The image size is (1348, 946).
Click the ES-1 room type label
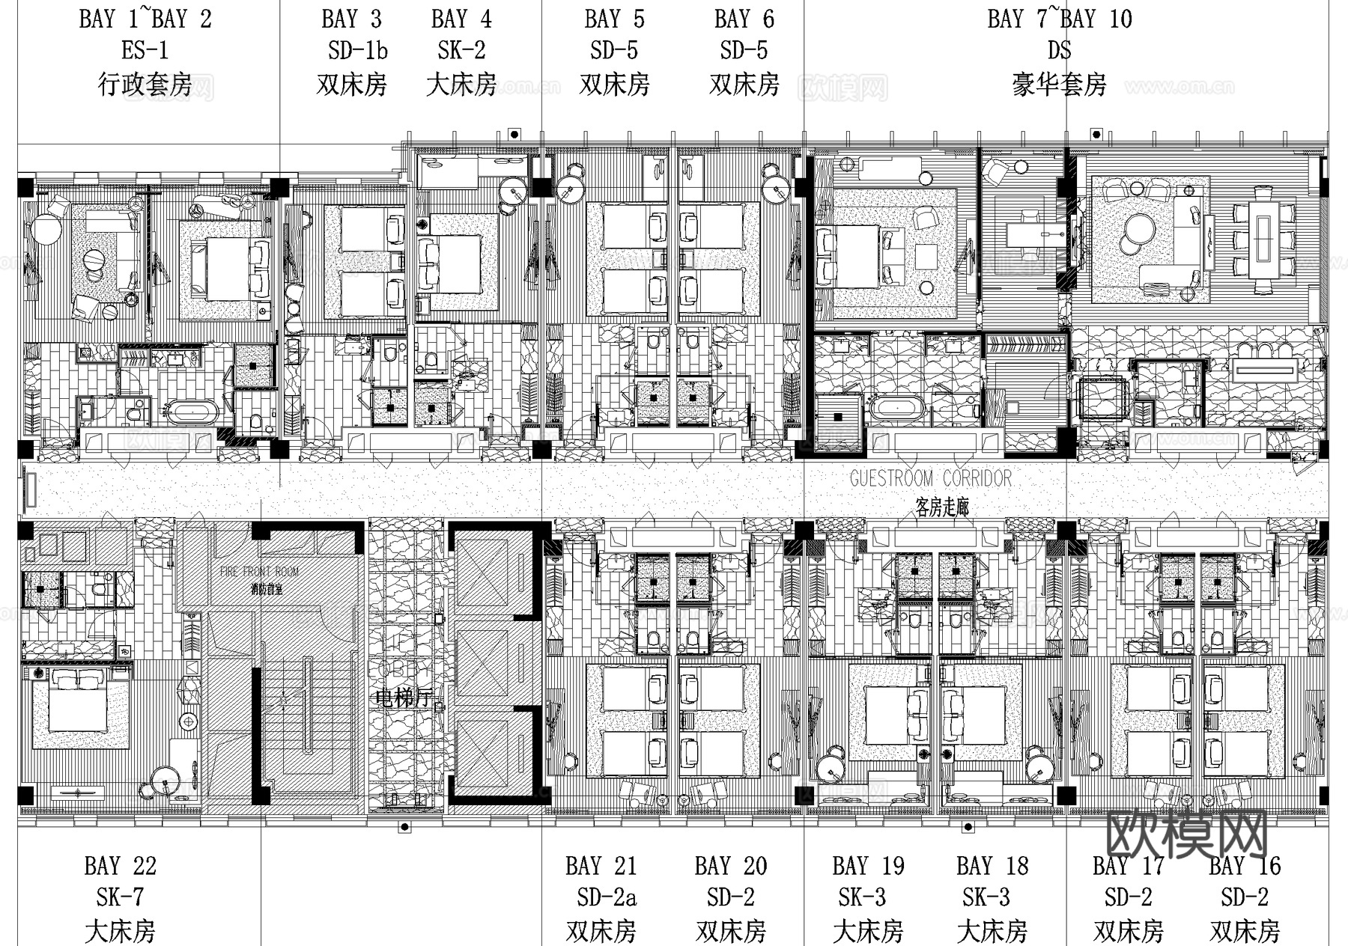[x=145, y=51]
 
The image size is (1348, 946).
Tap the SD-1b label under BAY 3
[x=357, y=51]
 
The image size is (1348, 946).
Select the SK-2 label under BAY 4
[x=461, y=51]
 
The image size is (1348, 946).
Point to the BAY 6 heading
[x=744, y=19]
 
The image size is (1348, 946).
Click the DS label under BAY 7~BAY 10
[x=1059, y=51]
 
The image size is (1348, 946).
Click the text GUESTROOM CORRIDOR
[x=930, y=478]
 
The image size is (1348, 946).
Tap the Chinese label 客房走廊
[x=942, y=507]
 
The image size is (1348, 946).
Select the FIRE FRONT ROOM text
[x=259, y=572]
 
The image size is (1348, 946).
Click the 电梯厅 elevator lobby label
[x=404, y=698]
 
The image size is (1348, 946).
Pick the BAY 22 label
[x=120, y=867]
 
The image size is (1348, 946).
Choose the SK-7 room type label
[x=120, y=897]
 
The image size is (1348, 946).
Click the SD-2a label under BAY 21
[x=607, y=897]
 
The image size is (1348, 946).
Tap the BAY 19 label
[x=868, y=867]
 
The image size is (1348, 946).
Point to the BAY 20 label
[x=730, y=867]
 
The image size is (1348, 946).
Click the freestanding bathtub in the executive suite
[x=192, y=411]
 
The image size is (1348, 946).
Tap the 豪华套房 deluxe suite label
[x=1059, y=85]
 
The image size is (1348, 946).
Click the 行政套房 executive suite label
[x=145, y=85]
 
